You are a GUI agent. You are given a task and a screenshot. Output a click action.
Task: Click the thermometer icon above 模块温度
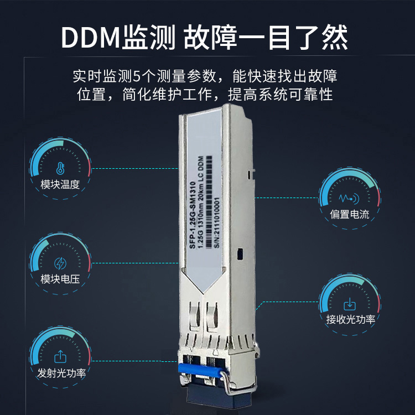coord(60,168)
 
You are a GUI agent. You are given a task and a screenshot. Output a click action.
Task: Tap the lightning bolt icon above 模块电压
coord(60,263)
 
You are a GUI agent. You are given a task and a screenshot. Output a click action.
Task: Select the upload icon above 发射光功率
coord(60,356)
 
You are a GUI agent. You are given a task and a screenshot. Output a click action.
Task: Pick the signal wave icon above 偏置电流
coord(349,198)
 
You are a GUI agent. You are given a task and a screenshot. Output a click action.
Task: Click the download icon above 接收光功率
coord(349,304)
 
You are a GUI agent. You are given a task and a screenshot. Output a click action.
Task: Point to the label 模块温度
coord(60,184)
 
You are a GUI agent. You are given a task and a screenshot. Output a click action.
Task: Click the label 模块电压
coord(60,279)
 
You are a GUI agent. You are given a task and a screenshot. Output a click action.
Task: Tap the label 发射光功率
coord(61,373)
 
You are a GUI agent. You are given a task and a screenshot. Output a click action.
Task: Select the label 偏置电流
coord(349,214)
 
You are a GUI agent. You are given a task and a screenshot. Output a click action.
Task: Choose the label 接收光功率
coord(351,319)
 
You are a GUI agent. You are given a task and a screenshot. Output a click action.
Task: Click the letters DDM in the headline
coord(91,38)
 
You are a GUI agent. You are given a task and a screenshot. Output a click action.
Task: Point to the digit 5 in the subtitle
coord(136,76)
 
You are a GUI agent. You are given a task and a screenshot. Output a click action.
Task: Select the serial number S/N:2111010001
coord(216,222)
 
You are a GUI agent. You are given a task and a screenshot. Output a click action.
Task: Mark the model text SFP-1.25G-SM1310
coord(192,215)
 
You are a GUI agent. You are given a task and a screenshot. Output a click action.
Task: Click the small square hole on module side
coord(240,254)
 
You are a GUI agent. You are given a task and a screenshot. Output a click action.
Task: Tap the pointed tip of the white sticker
coord(203,293)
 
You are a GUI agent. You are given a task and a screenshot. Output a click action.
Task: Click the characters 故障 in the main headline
coord(210,38)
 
